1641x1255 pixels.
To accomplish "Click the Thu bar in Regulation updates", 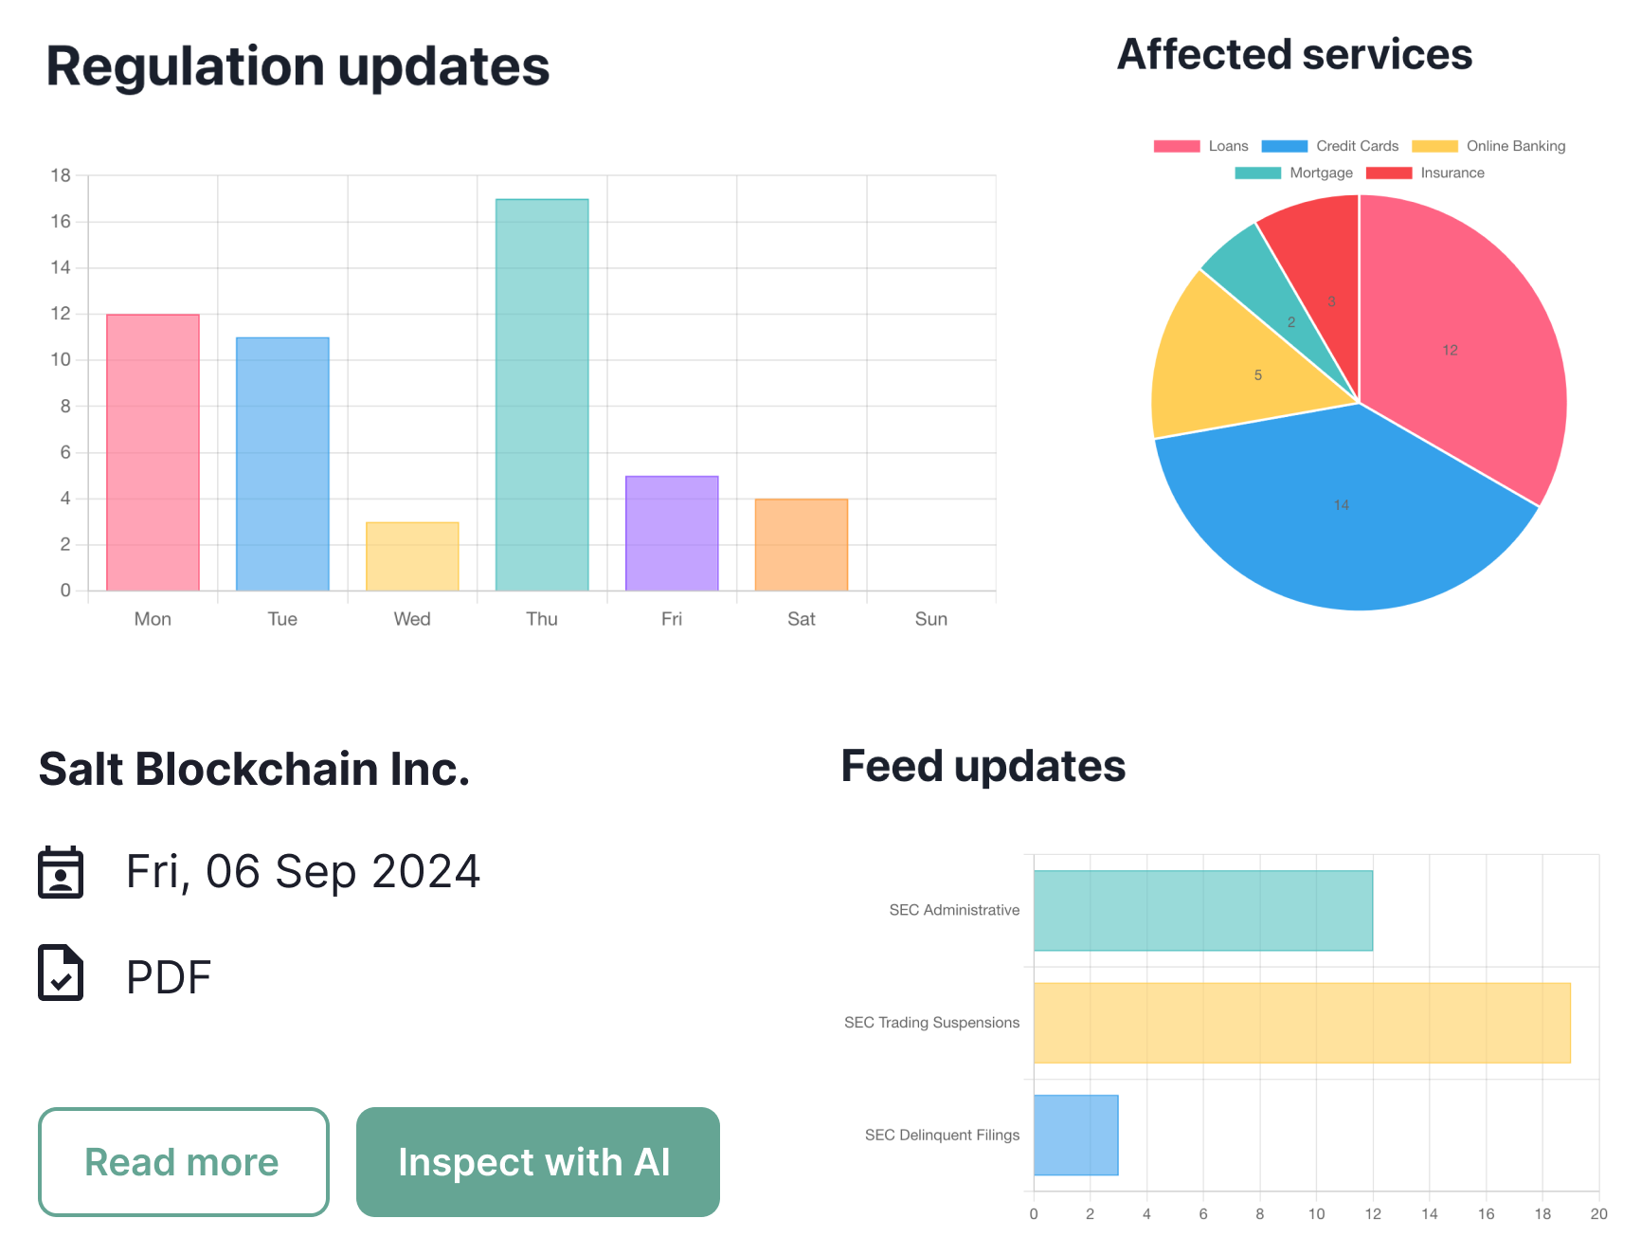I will point(542,394).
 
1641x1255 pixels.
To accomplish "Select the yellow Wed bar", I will point(412,556).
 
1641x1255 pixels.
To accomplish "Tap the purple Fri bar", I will point(672,533).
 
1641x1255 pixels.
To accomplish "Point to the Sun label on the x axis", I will point(930,619).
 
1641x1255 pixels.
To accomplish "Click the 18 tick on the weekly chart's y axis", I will point(61,175).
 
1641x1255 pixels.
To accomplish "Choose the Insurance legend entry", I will point(1426,173).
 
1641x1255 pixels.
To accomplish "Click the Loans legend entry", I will point(1201,146).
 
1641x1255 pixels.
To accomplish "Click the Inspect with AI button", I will point(537,1161).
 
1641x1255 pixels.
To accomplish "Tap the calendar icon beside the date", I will point(61,872).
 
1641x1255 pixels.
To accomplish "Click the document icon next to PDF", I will point(61,973).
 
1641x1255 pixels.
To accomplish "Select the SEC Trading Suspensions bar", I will point(1301,1023).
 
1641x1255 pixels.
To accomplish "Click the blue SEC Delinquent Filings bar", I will point(1075,1135).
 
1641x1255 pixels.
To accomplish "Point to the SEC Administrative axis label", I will point(953,910).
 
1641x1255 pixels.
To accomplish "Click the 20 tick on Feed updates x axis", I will point(1598,1214).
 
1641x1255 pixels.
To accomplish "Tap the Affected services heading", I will point(1294,55).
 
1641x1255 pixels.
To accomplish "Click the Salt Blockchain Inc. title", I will point(254,769).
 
